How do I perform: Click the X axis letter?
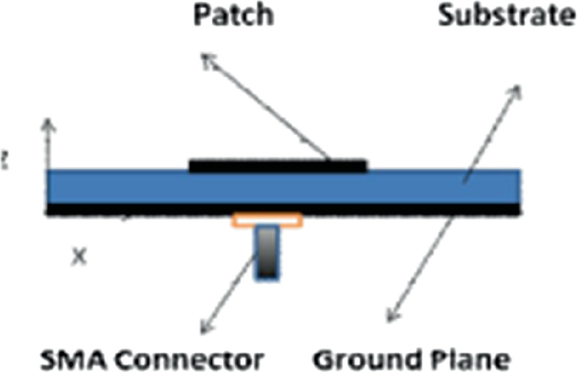(x=78, y=254)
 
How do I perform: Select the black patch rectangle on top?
(x=278, y=165)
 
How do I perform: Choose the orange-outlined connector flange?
(x=267, y=221)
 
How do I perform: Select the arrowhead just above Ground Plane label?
(x=387, y=319)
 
